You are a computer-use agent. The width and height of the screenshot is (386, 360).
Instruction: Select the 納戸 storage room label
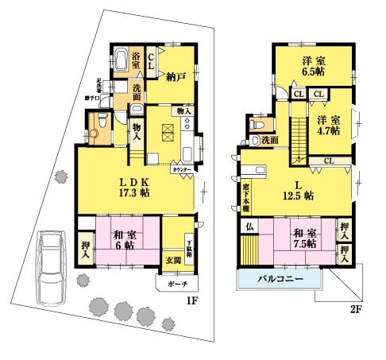click(176, 77)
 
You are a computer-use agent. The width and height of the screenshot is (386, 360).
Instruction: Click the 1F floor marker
click(191, 302)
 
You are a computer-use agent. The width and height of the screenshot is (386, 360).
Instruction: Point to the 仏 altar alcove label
click(249, 227)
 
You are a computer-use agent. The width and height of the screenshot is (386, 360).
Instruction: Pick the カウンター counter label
click(181, 169)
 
